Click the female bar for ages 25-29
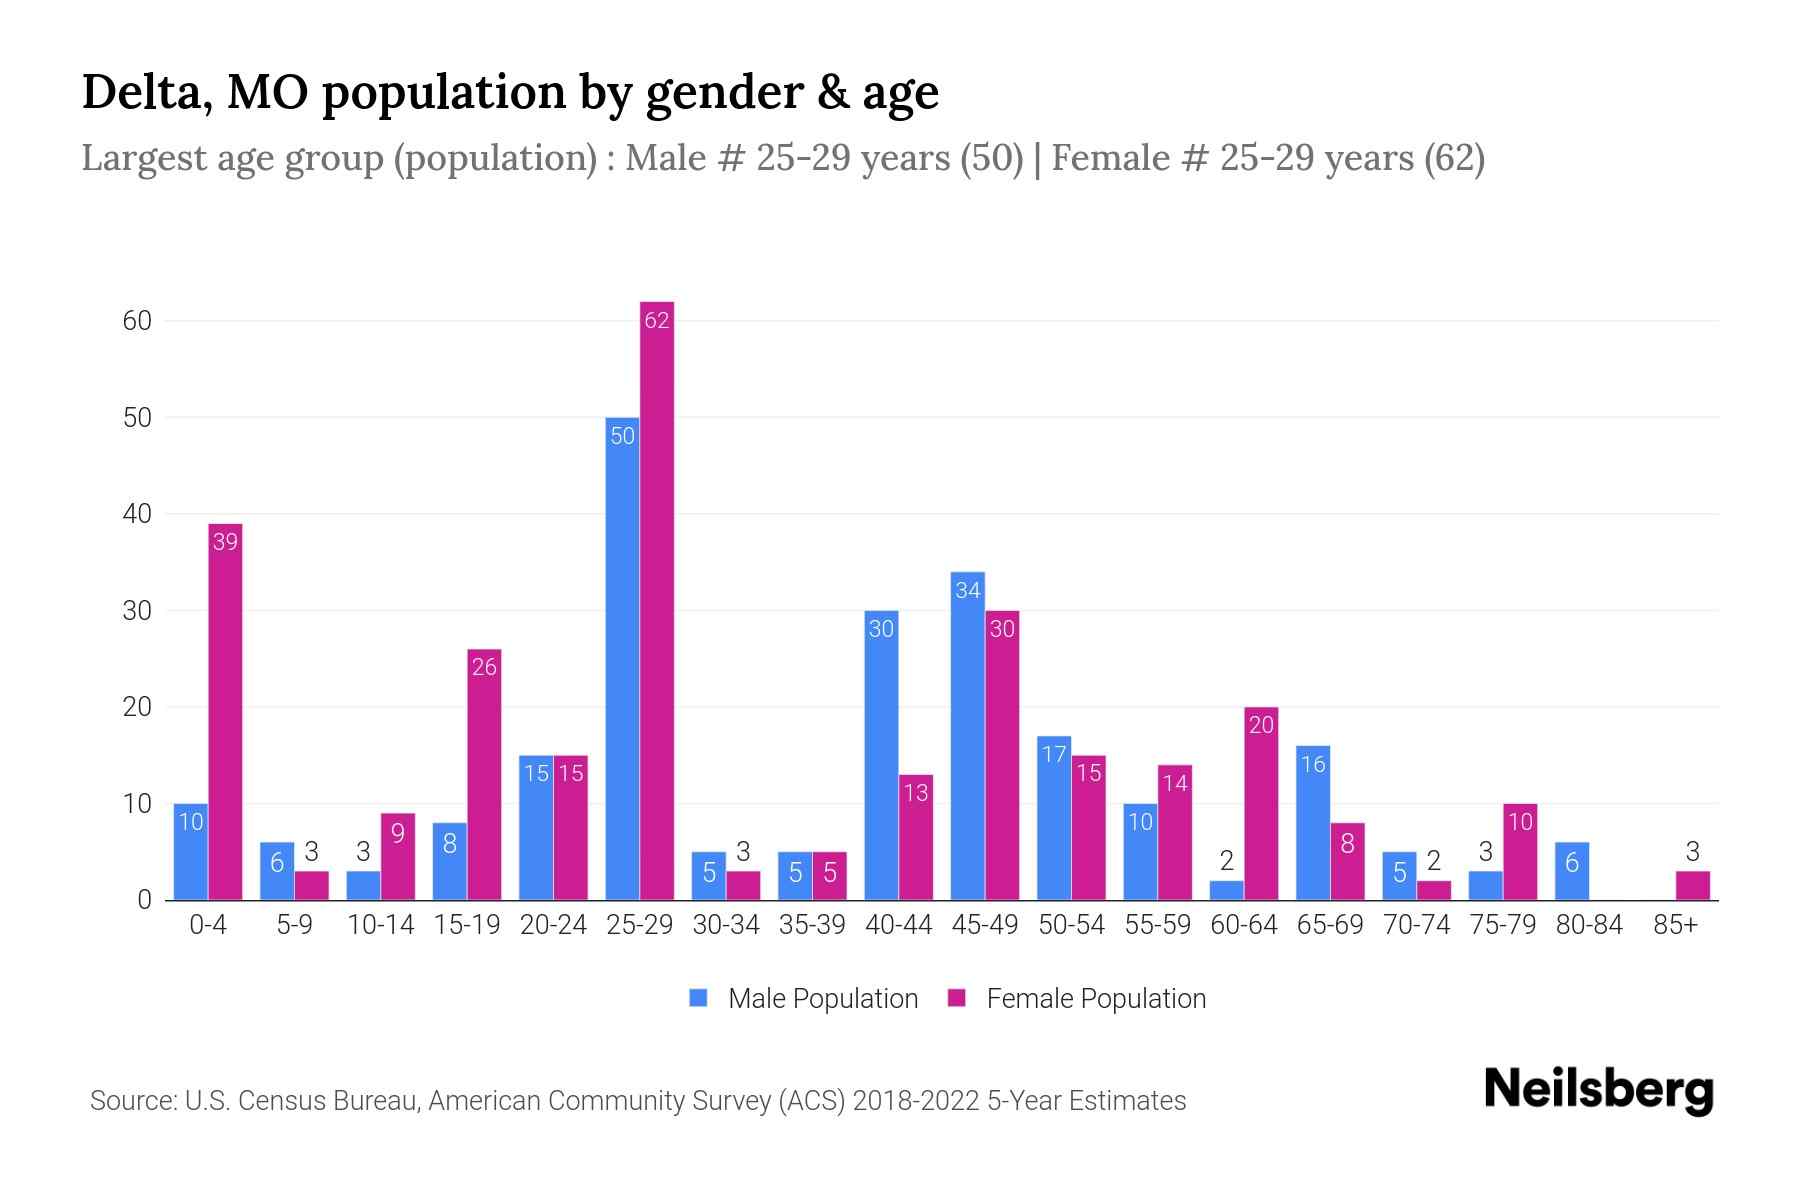(657, 600)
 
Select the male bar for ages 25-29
(622, 660)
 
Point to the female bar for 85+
(1692, 886)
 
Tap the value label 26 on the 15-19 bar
(484, 667)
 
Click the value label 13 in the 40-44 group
(916, 793)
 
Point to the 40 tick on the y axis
(137, 514)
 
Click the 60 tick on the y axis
(137, 321)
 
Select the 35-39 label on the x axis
(812, 925)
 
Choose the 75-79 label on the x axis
(1502, 925)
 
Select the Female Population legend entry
(1077, 998)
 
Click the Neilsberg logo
(1598, 1089)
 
